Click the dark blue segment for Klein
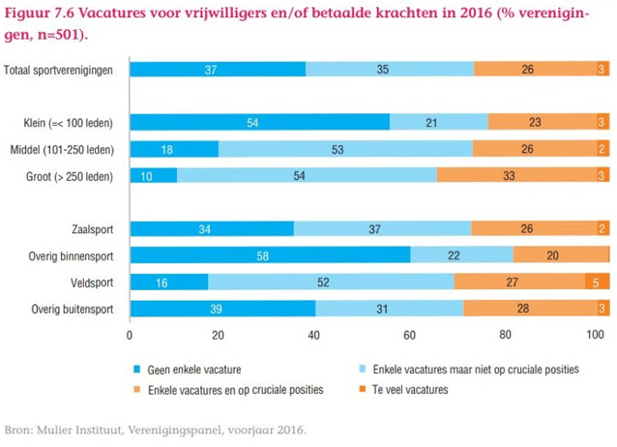(259, 122)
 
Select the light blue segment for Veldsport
(330, 282)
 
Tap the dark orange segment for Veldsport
(596, 282)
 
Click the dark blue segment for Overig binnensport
(270, 254)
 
